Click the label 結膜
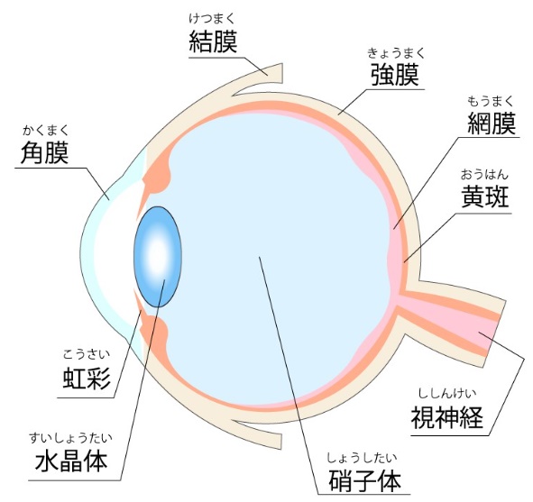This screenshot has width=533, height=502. pos(213,41)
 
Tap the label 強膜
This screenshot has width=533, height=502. pos(395,75)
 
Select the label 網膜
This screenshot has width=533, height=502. pos(492,123)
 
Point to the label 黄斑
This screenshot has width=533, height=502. pos(485,196)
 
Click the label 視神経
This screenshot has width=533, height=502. pos(447,417)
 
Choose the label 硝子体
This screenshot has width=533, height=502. pos(364,480)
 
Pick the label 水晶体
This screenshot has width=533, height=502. pos(71,461)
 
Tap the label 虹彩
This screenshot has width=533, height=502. pos(87,379)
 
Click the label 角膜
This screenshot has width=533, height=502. pos(44,153)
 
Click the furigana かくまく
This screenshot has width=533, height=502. pos(46,131)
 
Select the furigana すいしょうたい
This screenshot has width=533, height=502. pos(70,438)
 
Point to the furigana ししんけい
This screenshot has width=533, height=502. pos(447,394)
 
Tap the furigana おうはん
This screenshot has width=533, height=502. pos(484,175)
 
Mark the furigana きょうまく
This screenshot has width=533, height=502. pos(396,53)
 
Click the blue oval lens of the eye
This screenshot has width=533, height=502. pos(158,257)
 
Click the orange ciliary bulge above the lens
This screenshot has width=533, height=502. pos(157,176)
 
